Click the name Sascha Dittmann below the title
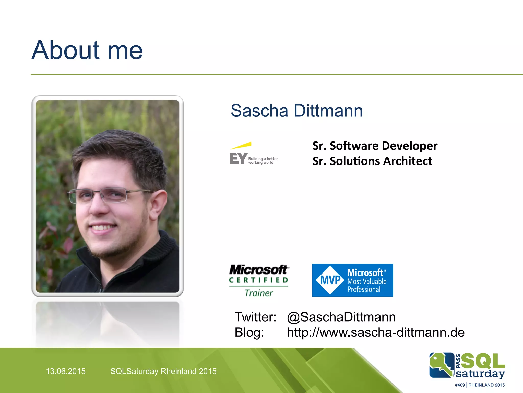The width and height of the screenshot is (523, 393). point(296,111)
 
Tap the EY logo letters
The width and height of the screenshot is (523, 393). point(238,159)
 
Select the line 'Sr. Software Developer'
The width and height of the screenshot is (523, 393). point(375,146)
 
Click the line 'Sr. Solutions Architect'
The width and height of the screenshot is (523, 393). point(372,161)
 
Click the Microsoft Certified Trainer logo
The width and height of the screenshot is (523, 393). point(259,280)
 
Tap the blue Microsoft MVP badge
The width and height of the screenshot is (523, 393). point(352,280)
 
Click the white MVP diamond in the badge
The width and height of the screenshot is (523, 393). point(330,280)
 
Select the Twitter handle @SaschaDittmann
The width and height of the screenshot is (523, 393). point(341,317)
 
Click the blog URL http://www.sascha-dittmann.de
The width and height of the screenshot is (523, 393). point(375,332)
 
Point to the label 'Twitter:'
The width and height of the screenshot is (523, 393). point(255,317)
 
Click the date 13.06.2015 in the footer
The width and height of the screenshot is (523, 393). point(66,371)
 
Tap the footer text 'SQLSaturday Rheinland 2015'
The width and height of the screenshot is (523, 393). point(163,371)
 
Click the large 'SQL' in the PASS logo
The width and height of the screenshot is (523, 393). point(483,361)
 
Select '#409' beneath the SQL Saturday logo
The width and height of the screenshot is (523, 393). point(460,385)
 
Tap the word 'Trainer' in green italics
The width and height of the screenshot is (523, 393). point(259,293)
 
